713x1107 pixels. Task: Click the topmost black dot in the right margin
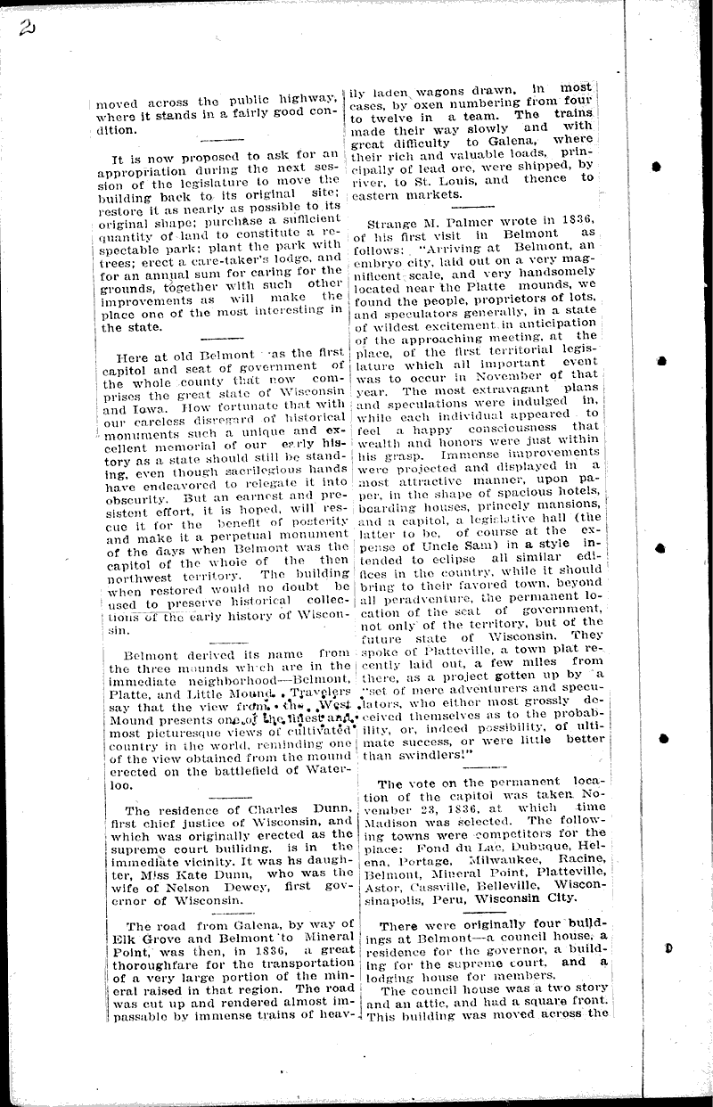click(x=656, y=166)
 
